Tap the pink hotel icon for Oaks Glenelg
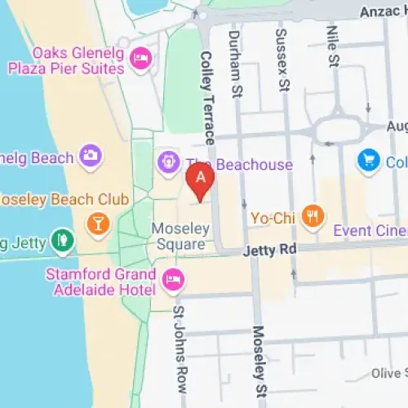coord(141,56)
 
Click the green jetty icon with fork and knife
coord(60,240)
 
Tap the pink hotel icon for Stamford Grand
coord(171,279)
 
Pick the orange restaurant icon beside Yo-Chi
coord(311,217)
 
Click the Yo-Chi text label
coord(273,218)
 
